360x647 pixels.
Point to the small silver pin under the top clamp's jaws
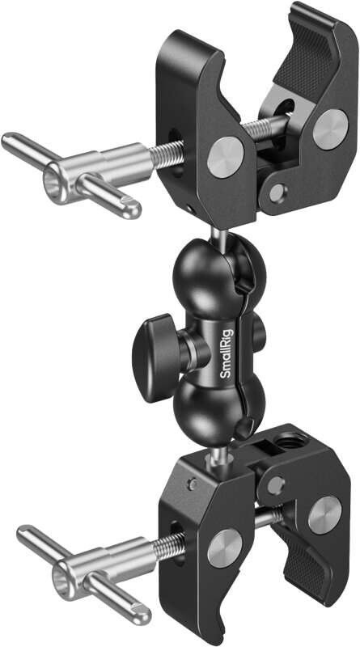click(278, 192)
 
